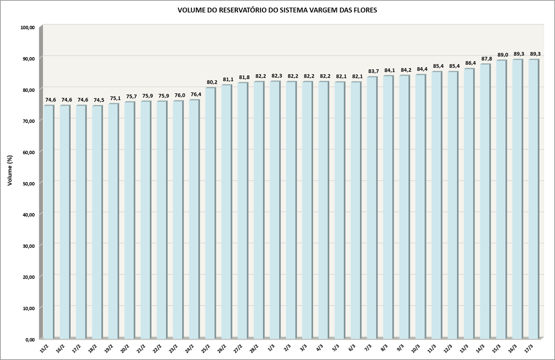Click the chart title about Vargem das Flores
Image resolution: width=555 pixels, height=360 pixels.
[277, 10]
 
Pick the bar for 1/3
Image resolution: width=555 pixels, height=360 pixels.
[274, 209]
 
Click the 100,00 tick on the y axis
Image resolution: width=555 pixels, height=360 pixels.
[28, 28]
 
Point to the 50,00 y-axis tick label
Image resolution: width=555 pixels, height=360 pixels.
[28, 183]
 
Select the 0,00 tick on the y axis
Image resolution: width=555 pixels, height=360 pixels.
[29, 339]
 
